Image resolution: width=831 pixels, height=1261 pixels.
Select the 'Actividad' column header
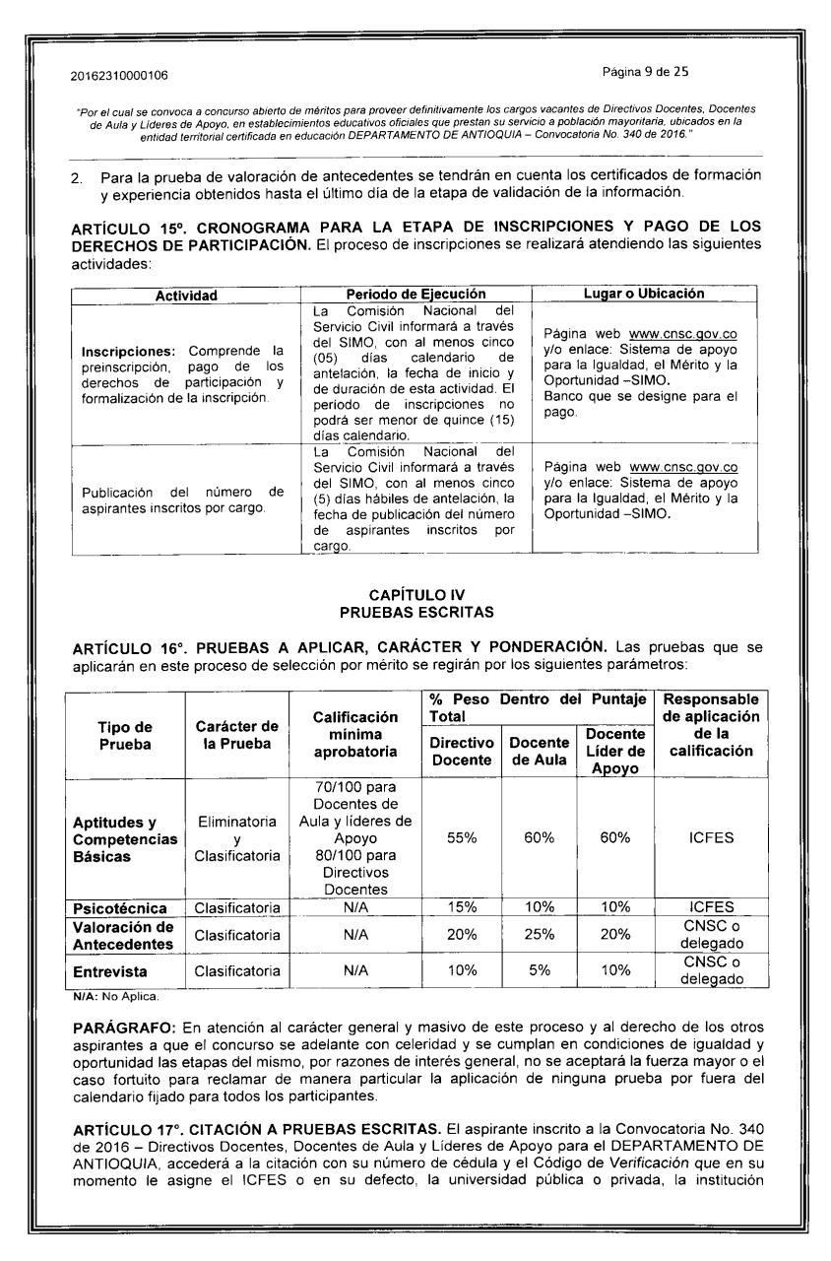pos(185,294)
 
